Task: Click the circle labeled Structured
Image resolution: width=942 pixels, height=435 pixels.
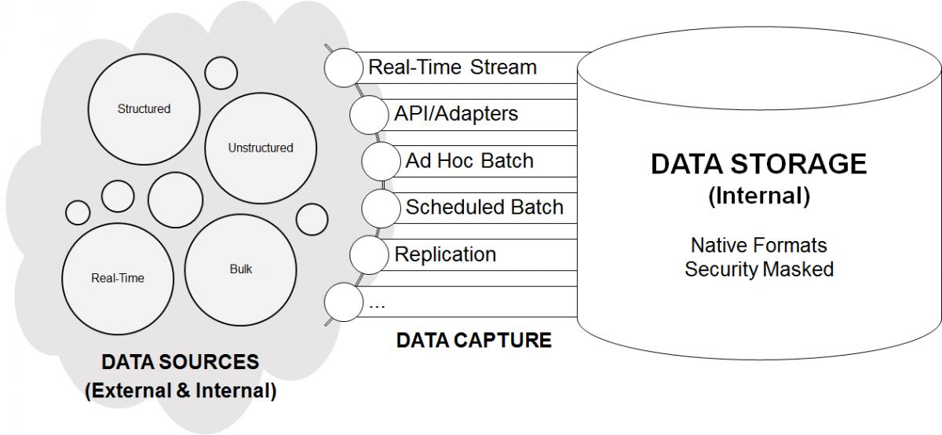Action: [144, 109]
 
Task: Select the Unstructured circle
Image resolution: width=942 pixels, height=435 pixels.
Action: [261, 148]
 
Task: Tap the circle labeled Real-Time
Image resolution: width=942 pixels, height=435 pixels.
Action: [118, 279]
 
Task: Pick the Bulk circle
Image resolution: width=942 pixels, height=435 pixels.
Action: [240, 269]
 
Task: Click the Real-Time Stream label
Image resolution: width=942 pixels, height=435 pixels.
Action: [452, 68]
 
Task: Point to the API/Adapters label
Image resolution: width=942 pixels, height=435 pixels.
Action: [456, 114]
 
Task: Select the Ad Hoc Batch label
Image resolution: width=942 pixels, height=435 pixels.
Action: [469, 161]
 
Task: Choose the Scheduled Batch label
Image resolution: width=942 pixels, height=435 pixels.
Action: [484, 207]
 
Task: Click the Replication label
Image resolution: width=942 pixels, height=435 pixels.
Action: [445, 254]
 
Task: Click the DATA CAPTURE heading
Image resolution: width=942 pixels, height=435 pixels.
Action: [474, 340]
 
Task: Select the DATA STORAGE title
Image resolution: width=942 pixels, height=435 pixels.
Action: [758, 163]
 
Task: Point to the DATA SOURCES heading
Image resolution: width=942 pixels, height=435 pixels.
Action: [181, 362]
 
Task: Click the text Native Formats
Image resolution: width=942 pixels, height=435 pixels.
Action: [758, 245]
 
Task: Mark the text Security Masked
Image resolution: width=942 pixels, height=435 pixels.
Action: [759, 269]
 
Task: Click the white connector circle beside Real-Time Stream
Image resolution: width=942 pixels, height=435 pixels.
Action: [344, 68]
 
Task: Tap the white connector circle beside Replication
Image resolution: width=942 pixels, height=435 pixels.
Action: [369, 255]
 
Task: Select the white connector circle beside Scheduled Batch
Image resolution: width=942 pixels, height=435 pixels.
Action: [381, 208]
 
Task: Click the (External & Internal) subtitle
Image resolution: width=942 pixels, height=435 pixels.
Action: [181, 391]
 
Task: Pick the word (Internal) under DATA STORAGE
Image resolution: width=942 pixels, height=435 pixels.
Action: [759, 196]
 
